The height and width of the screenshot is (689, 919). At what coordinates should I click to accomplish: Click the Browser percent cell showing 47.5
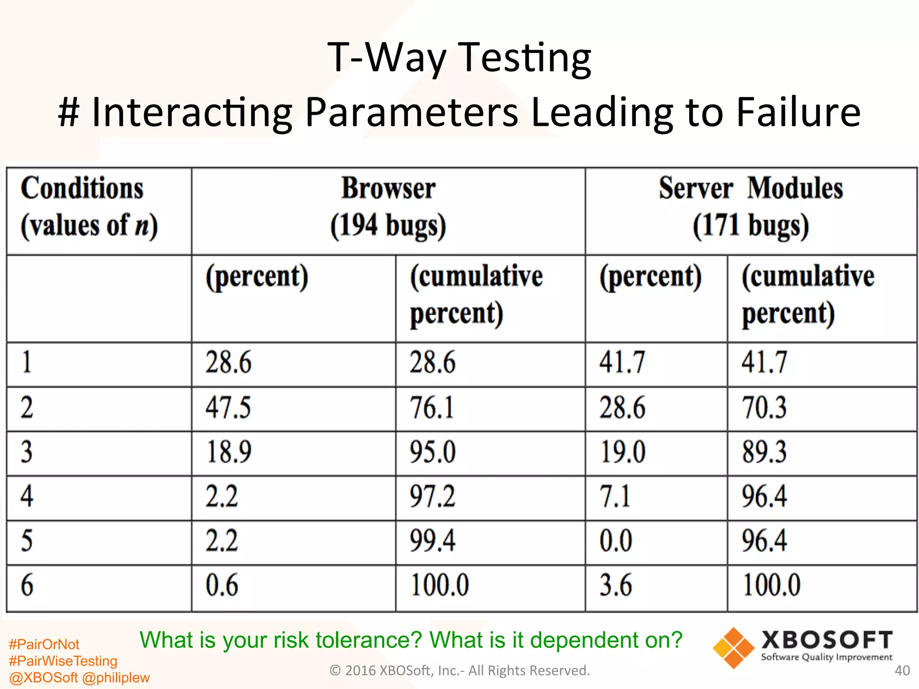[228, 408]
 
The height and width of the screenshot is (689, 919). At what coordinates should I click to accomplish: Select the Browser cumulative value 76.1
[432, 408]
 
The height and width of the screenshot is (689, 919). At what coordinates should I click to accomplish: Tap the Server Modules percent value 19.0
[622, 452]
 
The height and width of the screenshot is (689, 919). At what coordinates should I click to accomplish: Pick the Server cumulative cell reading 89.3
[764, 452]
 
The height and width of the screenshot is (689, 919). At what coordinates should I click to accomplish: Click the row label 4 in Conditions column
[27, 497]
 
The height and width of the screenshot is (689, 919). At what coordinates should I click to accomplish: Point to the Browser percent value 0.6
[222, 585]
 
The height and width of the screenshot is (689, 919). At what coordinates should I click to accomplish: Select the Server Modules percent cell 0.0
[616, 541]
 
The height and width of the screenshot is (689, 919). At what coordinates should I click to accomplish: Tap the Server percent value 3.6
[616, 585]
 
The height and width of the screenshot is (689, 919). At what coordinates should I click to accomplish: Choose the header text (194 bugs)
[388, 226]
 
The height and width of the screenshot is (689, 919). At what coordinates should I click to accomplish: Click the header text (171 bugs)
[751, 226]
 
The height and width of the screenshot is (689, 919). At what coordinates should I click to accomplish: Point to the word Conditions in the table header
[82, 188]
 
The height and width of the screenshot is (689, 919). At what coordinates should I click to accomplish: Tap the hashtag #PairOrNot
[44, 645]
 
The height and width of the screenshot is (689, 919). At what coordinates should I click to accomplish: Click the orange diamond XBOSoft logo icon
[733, 648]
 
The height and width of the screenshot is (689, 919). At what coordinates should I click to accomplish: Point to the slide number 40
[902, 671]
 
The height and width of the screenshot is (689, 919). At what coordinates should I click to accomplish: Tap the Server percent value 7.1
[615, 497]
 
